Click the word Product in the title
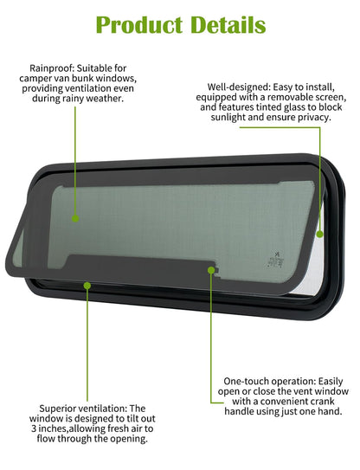pos(139,25)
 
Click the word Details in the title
pos(228,25)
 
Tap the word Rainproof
pos(52,69)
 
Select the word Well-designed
pos(239,87)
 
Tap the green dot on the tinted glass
pos(75,218)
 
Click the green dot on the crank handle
pos(211,270)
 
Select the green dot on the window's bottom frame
pos(87,286)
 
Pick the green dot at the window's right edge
pos(320,234)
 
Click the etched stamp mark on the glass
pos(275,260)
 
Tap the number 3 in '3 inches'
pos(34,428)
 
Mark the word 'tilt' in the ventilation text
pos(128,419)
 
